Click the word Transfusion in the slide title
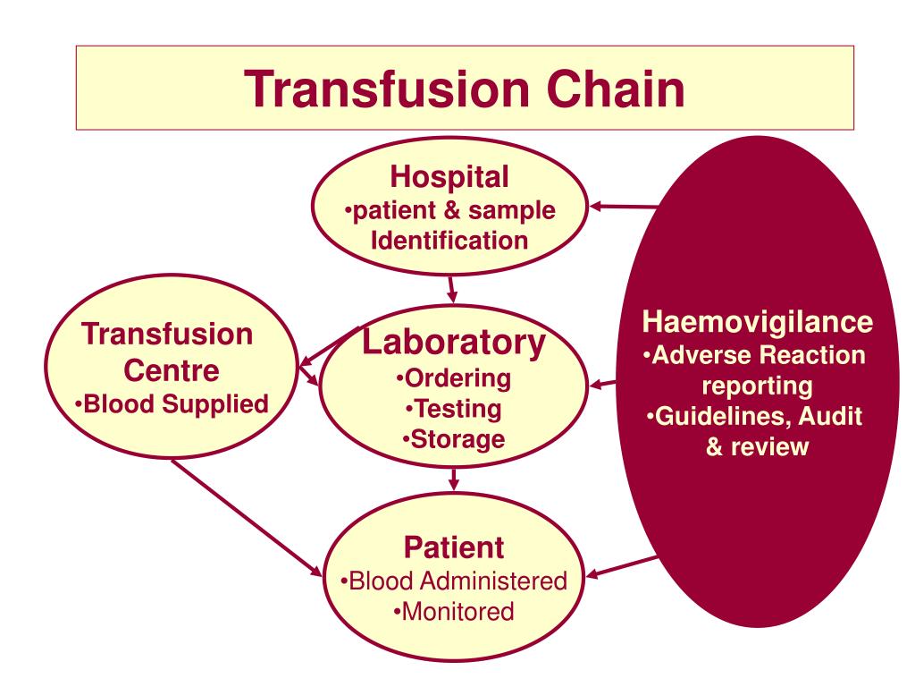tap(364, 89)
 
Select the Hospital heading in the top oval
tap(449, 177)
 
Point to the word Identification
tap(449, 240)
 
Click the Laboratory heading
tap(453, 342)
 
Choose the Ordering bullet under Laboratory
tap(453, 378)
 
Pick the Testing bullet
tap(453, 409)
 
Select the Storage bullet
tap(453, 439)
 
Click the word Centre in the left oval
tap(170, 369)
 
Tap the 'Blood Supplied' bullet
tap(172, 404)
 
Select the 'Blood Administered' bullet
tap(453, 581)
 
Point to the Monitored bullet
tap(453, 612)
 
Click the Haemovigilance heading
tap(758, 321)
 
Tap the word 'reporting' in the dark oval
tap(758, 386)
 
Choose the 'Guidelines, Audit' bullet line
tap(758, 417)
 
